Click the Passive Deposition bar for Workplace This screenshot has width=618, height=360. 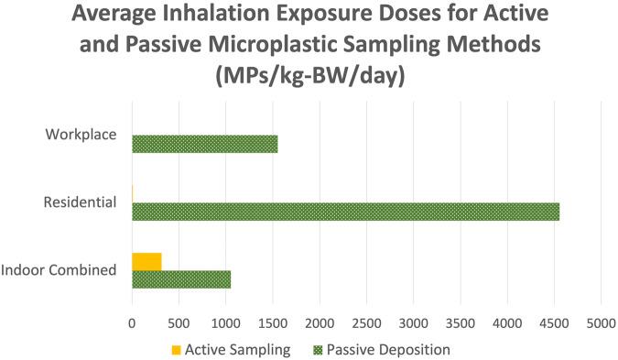(204, 144)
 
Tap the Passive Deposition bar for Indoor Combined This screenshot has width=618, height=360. (181, 279)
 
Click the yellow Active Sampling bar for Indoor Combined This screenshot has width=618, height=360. (146, 261)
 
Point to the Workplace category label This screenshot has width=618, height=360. (81, 135)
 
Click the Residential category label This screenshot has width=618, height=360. (81, 202)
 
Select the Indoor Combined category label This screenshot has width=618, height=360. (59, 270)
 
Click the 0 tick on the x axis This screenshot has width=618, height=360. (132, 322)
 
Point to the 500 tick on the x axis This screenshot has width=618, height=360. (179, 322)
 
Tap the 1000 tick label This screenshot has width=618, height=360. (225, 322)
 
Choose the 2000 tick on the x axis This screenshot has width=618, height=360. (320, 322)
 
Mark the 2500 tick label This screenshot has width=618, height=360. (366, 322)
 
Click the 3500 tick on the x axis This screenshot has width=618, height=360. (460, 322)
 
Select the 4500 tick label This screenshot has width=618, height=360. (554, 322)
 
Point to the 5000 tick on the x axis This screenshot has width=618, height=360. (601, 322)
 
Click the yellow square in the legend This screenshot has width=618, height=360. (175, 349)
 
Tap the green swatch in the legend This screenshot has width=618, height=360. (318, 349)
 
